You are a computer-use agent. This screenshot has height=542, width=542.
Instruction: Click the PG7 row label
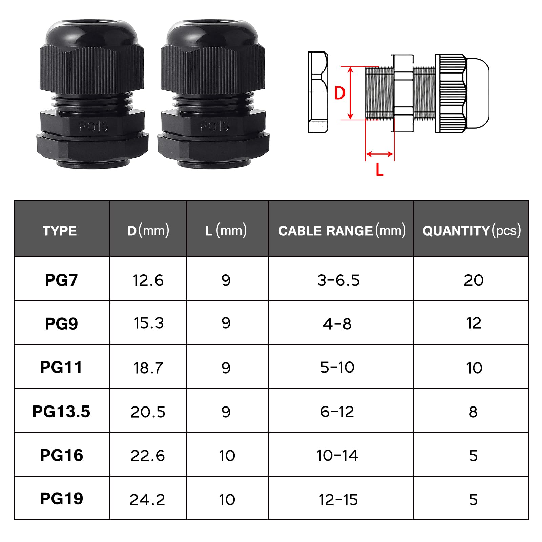click(61, 280)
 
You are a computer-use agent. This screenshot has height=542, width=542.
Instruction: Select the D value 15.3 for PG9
click(149, 323)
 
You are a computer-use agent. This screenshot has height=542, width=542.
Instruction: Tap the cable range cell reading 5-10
click(337, 367)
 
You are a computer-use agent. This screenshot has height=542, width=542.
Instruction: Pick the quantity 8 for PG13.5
click(473, 412)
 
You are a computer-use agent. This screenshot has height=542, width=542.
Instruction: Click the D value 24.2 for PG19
click(147, 500)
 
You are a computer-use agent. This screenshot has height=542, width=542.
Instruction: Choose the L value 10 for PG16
click(227, 456)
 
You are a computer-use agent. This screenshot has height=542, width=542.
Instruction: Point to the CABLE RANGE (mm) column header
click(342, 231)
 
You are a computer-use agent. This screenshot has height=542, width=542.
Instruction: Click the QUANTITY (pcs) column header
click(472, 231)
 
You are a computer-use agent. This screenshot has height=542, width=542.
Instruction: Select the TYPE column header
click(60, 231)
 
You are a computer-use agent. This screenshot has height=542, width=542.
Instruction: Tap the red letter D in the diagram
click(339, 93)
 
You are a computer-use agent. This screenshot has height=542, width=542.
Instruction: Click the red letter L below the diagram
click(380, 169)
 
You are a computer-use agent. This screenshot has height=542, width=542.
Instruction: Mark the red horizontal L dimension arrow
click(380, 154)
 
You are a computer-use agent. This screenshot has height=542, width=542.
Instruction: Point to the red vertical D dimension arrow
click(351, 93)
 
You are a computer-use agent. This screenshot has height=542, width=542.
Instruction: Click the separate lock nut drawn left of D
click(318, 92)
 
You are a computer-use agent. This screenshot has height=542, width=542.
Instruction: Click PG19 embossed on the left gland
click(93, 127)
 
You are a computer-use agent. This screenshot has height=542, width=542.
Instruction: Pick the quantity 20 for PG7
click(474, 280)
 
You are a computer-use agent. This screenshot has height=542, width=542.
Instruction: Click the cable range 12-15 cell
click(338, 500)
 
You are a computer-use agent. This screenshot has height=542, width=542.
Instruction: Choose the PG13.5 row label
click(61, 412)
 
